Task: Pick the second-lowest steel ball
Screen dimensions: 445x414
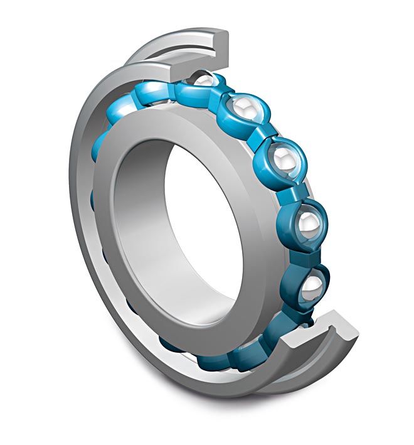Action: [x=308, y=222]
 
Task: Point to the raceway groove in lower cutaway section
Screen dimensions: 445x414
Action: [x=301, y=339]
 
